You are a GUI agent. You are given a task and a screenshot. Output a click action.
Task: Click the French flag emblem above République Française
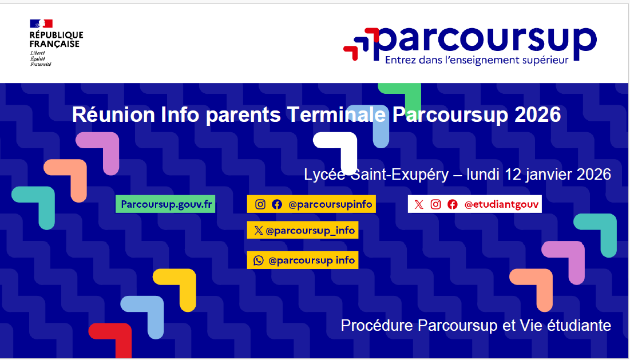click(x=41, y=23)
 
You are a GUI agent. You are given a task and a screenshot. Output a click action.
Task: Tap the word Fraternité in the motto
click(x=41, y=64)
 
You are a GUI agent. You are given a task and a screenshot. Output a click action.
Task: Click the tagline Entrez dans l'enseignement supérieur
click(x=477, y=61)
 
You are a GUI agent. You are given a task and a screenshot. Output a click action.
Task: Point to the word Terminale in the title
click(x=336, y=115)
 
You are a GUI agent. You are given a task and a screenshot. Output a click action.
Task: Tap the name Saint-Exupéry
click(x=399, y=175)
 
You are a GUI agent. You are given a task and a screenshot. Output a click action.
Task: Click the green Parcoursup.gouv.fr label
click(x=166, y=204)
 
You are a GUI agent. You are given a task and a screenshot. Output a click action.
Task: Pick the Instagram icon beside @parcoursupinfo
click(x=260, y=204)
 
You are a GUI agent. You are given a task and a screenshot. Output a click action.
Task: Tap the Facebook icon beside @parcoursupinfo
click(x=277, y=204)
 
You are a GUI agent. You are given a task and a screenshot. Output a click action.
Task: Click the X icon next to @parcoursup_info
click(x=258, y=230)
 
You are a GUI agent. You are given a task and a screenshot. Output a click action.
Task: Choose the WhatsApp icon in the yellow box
click(x=258, y=260)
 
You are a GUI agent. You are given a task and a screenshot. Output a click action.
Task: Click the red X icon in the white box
click(x=419, y=204)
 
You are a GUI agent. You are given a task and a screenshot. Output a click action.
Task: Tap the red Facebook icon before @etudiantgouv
click(x=453, y=204)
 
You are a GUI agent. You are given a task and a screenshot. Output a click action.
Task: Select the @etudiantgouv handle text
click(x=501, y=204)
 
